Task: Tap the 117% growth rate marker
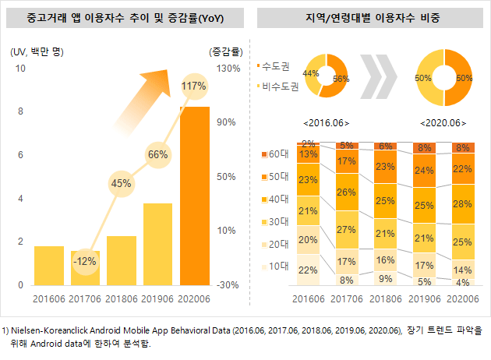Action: [x=193, y=85]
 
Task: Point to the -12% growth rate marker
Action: [x=86, y=259]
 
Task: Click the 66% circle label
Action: [x=157, y=154]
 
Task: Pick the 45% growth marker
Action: [x=122, y=183]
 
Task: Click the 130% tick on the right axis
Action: [x=227, y=69]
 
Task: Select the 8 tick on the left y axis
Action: [x=21, y=111]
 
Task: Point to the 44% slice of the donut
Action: [x=309, y=73]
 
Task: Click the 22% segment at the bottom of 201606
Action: [x=309, y=270]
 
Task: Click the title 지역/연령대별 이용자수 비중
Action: [x=371, y=17]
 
